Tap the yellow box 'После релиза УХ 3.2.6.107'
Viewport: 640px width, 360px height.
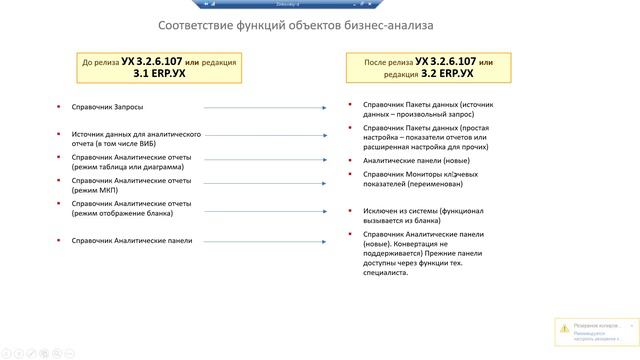pyautogui.click(x=424, y=67)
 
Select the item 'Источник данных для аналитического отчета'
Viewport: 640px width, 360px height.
pyautogui.click(x=137, y=138)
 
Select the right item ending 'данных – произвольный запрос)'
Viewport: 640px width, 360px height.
pyautogui.click(x=428, y=108)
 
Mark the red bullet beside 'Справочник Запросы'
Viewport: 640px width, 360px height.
pyautogui.click(x=59, y=106)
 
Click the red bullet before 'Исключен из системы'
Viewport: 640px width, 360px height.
pyautogui.click(x=351, y=210)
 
